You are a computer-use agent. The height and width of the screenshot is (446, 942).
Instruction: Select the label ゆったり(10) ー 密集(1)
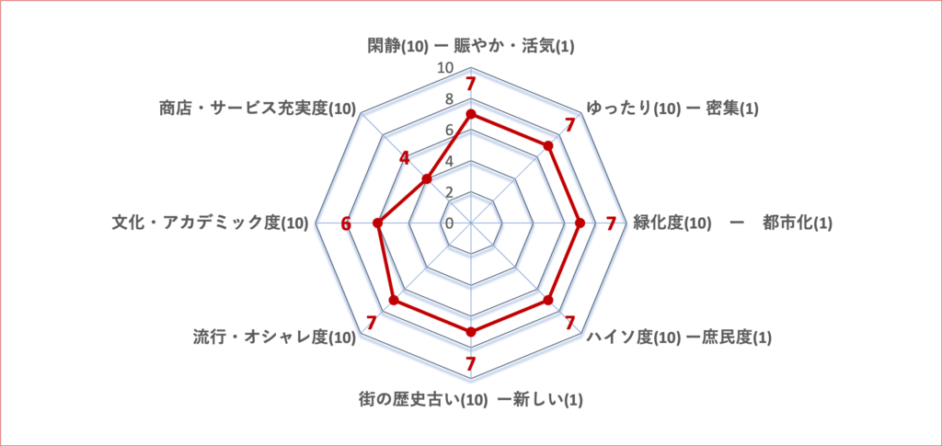(x=672, y=109)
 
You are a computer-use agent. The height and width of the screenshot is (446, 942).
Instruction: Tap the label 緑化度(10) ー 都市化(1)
(x=733, y=223)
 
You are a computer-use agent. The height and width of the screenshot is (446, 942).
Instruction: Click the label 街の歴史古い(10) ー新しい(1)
(x=471, y=399)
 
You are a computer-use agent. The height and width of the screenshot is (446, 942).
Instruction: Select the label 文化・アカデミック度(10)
(x=211, y=223)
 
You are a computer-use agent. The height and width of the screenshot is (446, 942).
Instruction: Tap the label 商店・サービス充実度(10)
(x=258, y=109)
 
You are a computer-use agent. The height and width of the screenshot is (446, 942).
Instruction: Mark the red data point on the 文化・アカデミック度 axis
(x=378, y=223)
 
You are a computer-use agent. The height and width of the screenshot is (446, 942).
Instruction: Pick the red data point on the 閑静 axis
(x=471, y=114)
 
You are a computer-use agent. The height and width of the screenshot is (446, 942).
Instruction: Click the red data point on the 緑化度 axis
(x=580, y=223)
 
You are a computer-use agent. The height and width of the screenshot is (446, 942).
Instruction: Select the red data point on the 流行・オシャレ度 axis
(x=394, y=300)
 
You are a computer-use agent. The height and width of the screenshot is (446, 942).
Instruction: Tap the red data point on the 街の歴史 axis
(x=471, y=331)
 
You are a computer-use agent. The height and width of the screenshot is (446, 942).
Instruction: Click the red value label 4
(x=405, y=158)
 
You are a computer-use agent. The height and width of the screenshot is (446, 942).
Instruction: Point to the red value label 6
(x=346, y=223)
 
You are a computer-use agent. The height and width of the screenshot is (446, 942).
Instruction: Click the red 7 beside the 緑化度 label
(x=611, y=223)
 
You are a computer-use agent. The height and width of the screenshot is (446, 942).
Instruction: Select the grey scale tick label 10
(x=445, y=68)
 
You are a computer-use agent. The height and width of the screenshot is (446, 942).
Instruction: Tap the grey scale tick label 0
(x=449, y=223)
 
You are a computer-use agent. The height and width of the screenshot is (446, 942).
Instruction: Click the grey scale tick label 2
(x=449, y=192)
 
